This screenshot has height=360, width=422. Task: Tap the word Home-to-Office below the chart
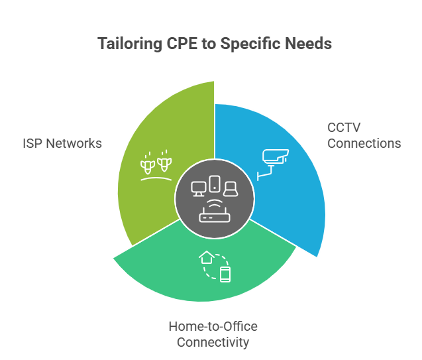tap(212, 327)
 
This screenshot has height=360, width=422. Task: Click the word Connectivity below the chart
tap(212, 342)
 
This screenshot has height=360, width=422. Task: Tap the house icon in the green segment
tap(206, 256)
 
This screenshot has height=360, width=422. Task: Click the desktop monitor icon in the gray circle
tap(199, 190)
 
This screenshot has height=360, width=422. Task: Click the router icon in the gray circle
tap(213, 217)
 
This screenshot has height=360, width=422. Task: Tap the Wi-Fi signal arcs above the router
tap(213, 203)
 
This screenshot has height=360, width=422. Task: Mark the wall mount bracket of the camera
tap(262, 174)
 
